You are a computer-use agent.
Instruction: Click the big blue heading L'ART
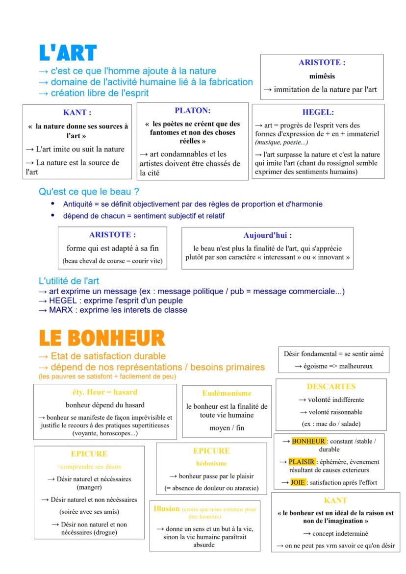tap(68, 54)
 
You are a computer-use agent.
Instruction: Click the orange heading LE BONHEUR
tap(102, 339)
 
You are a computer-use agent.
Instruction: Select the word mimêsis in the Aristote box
tap(322, 76)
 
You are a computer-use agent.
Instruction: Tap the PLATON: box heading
tap(192, 111)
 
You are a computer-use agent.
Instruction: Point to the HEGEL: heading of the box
tap(318, 112)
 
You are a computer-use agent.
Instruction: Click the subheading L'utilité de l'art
tap(69, 281)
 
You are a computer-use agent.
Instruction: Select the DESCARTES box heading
tap(331, 387)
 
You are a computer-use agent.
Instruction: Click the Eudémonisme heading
tap(227, 393)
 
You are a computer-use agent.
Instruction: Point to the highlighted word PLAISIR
tap(302, 462)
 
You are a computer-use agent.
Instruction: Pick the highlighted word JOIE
tap(298, 482)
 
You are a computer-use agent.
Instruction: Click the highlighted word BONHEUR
tap(308, 441)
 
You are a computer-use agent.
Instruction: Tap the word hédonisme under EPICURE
tap(211, 463)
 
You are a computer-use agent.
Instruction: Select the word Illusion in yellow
tap(167, 509)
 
